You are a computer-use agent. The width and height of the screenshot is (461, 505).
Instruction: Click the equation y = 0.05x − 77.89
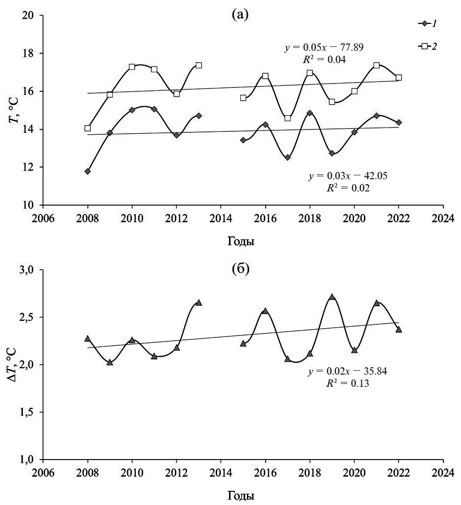(323, 48)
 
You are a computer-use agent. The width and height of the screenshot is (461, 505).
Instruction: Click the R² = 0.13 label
(347, 384)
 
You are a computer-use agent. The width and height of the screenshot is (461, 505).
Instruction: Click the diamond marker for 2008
(87, 171)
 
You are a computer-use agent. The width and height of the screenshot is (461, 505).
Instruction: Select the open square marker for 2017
(288, 118)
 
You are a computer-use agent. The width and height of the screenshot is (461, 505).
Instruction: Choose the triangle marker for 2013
(199, 303)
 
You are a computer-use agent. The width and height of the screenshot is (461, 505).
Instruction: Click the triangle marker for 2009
(110, 362)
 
